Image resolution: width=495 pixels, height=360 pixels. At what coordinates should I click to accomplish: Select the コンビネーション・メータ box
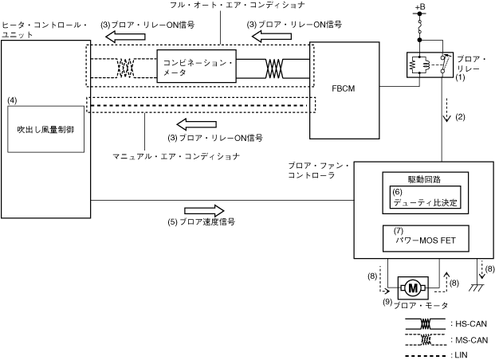[198, 67]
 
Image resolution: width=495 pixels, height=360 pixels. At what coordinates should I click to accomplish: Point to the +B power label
[420, 9]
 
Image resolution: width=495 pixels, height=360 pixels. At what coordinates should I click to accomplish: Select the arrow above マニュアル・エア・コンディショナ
[192, 123]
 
